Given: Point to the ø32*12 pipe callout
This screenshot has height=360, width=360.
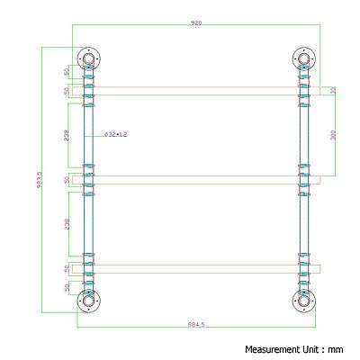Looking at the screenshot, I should (116, 134).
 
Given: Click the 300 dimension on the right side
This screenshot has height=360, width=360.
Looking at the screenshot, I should (332, 134).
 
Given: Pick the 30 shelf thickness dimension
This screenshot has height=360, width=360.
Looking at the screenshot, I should (332, 90).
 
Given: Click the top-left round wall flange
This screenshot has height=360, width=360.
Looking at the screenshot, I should (88, 60).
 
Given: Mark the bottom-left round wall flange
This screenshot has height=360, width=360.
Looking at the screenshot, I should (88, 300).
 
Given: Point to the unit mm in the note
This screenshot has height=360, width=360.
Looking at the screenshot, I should (336, 348).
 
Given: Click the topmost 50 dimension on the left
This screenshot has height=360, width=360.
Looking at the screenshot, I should (67, 71).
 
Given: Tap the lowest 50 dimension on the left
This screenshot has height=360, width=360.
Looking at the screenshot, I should (67, 288).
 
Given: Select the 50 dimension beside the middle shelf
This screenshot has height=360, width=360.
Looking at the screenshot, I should (67, 180).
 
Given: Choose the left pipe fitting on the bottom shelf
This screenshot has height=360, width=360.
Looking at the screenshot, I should (88, 267).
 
